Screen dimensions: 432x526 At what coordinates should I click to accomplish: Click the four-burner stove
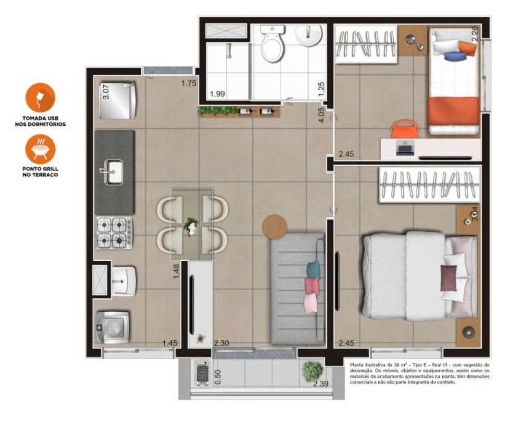click(113, 233)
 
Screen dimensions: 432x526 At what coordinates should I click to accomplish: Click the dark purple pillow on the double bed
click(449, 278)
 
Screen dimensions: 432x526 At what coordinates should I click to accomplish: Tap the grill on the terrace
click(203, 373)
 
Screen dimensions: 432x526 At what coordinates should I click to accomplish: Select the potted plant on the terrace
click(312, 371)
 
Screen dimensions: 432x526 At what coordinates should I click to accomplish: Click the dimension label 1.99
click(217, 94)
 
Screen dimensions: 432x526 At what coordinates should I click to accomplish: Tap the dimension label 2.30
click(221, 343)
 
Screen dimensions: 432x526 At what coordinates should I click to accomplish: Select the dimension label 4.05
click(321, 115)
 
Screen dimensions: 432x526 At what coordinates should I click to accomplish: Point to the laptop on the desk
click(406, 148)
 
